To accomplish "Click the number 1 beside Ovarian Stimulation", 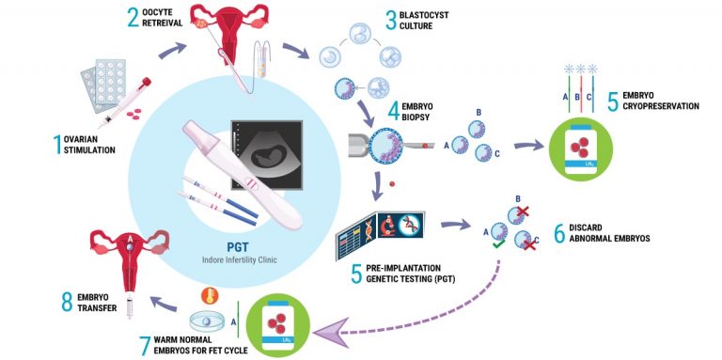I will coord(57,143).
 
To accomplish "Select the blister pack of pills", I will coord(104,80).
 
